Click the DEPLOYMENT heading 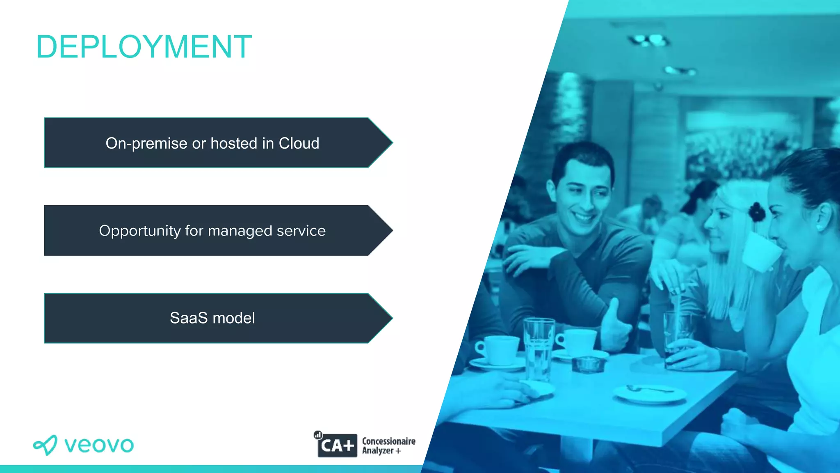coord(144,47)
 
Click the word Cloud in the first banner coord(299,143)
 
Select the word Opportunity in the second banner coord(139,231)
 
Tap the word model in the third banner coord(234,318)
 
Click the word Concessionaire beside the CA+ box coord(388,441)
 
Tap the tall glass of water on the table coord(538,349)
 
